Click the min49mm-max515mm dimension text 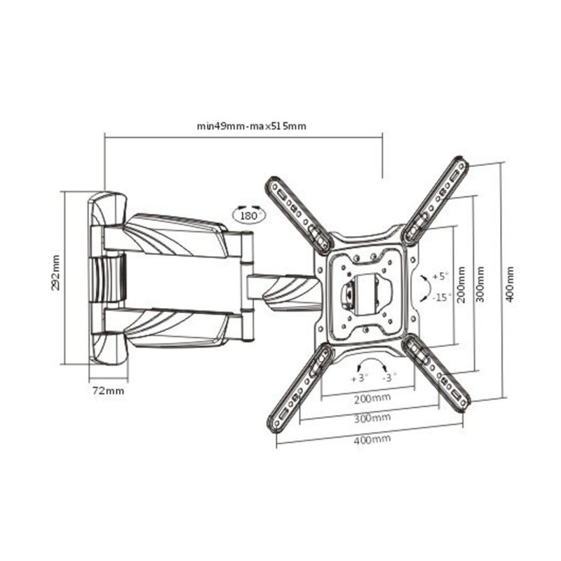click(252, 126)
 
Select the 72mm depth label click(109, 391)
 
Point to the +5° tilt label click(440, 276)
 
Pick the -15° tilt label click(442, 297)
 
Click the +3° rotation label click(360, 378)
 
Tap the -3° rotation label click(390, 377)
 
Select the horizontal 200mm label click(372, 398)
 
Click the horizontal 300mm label click(372, 418)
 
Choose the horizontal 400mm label click(372, 439)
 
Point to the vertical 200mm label click(462, 285)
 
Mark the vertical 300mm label click(480, 285)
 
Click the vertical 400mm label click(510, 285)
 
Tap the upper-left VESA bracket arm click(299, 216)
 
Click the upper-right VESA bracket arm click(435, 201)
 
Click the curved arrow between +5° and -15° click(427, 288)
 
